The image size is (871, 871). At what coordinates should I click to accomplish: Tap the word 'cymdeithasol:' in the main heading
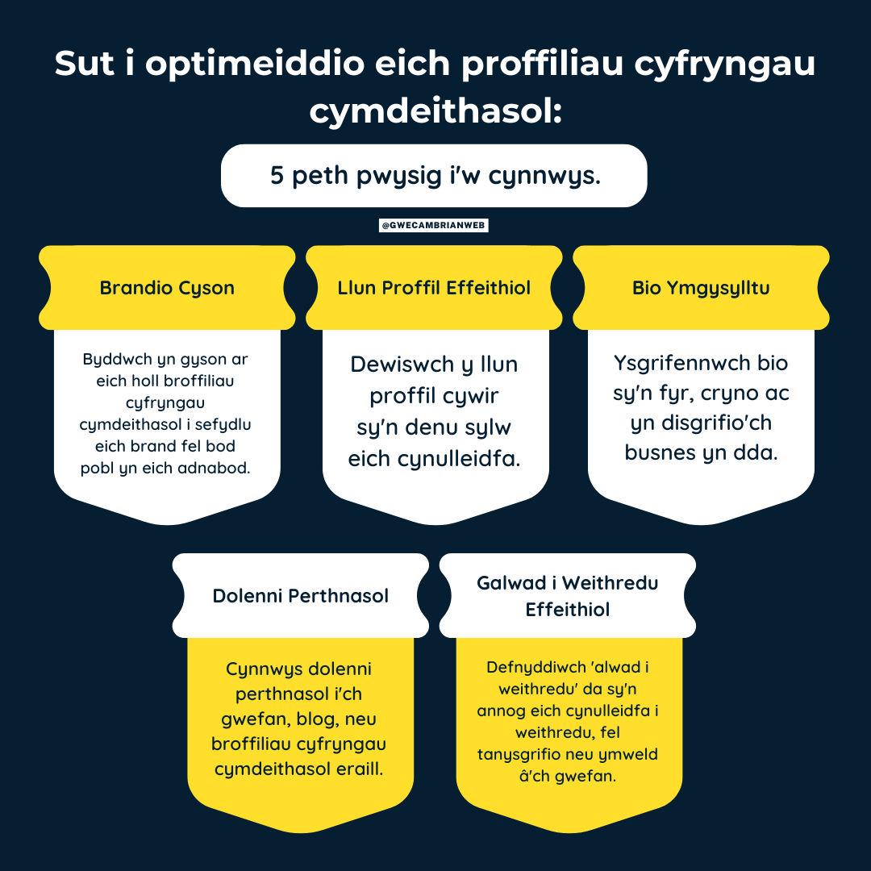tap(436, 110)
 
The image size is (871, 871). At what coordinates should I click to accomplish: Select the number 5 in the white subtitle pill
tap(277, 176)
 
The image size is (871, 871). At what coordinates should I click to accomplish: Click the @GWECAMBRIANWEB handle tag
tap(433, 225)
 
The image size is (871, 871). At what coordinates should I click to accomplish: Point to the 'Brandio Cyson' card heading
tap(167, 288)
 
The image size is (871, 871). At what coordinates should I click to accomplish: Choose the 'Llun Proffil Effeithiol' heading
tap(434, 288)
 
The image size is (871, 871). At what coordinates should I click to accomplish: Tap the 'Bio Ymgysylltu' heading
tap(701, 288)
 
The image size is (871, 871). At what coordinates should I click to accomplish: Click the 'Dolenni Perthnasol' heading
tap(301, 595)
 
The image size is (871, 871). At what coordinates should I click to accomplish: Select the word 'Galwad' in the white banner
tap(511, 583)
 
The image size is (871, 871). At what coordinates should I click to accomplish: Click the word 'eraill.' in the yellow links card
tap(354, 769)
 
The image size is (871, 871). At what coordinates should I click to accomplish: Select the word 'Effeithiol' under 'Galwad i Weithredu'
tap(567, 610)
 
